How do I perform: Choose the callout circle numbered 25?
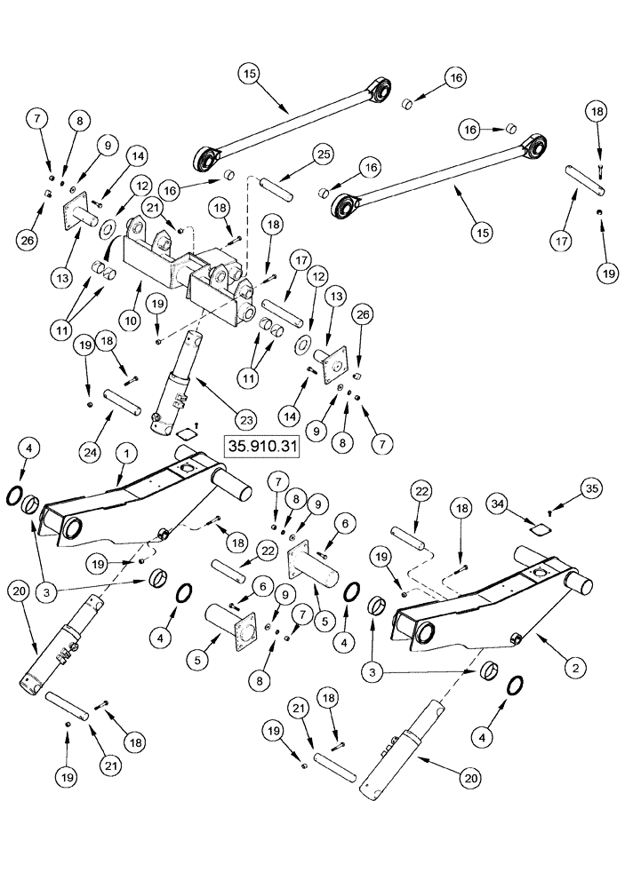pyautogui.click(x=297, y=155)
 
